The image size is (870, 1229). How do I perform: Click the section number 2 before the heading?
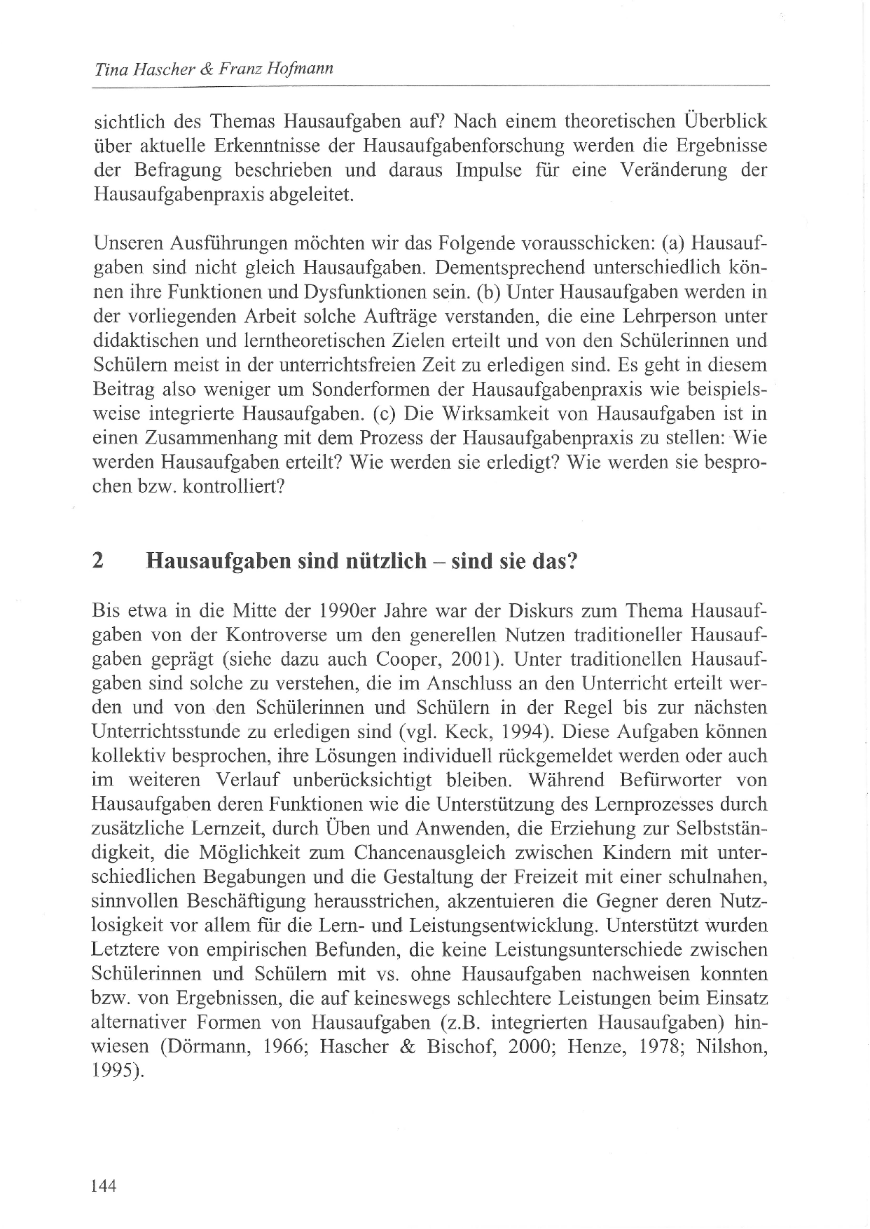(97, 561)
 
